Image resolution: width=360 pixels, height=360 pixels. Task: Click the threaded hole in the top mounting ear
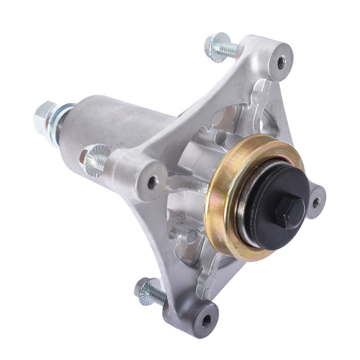point(281,62)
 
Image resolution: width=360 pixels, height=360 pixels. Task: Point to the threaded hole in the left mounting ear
point(152,183)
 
